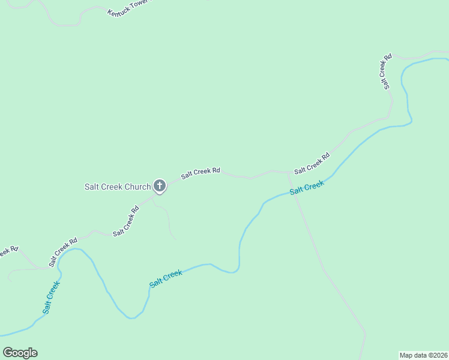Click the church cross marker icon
[159, 186]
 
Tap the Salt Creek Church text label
[117, 187]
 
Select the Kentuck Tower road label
[128, 7]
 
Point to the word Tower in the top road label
[139, 4]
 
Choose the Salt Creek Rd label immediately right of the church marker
[200, 173]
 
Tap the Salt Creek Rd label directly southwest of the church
[126, 221]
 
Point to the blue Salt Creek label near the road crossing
[307, 188]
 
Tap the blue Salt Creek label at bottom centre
[166, 278]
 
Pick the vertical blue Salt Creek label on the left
[51, 297]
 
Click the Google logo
[20, 353]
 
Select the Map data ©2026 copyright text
[423, 355]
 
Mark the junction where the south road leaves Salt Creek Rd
[288, 173]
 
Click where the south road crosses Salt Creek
[297, 193]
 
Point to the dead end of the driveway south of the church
[176, 239]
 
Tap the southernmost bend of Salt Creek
[133, 318]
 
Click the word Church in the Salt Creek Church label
[137, 187]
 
